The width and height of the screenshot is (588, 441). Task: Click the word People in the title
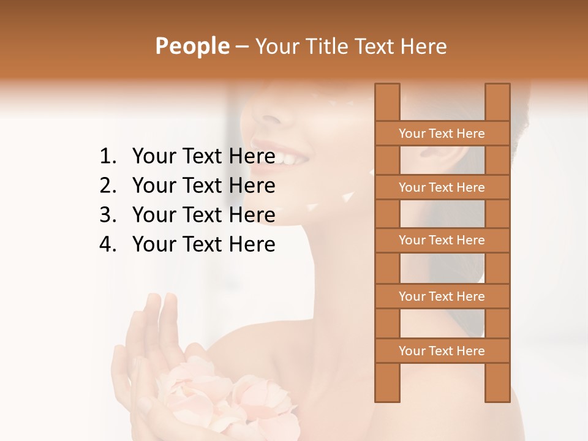tap(191, 47)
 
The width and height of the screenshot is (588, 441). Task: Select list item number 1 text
tap(203, 157)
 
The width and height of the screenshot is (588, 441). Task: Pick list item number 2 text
tap(203, 186)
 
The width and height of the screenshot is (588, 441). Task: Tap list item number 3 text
tap(203, 215)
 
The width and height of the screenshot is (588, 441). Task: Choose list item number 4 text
tap(203, 244)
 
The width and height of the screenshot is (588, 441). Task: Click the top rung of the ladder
tap(442, 134)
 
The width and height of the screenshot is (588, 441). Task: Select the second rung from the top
tap(442, 187)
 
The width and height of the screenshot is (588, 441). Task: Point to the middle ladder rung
tap(442, 240)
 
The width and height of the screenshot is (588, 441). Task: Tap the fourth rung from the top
tap(442, 296)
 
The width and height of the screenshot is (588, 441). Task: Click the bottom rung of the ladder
tap(442, 351)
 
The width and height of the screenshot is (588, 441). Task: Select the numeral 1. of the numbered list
tap(108, 157)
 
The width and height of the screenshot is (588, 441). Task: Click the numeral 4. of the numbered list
tap(108, 244)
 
